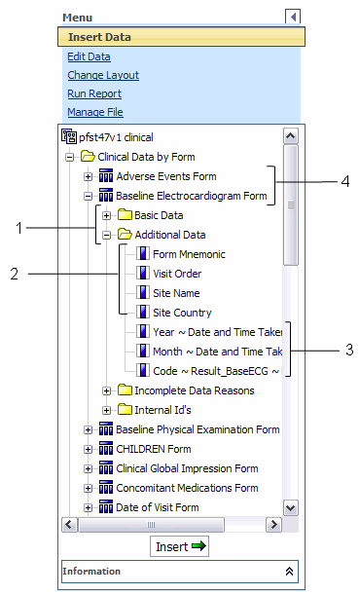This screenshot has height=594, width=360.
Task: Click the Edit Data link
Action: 89,56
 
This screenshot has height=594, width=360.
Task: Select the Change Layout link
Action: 103,75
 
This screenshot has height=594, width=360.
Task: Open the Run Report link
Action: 94,93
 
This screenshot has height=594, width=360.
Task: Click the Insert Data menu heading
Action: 100,38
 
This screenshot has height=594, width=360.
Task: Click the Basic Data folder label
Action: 158,214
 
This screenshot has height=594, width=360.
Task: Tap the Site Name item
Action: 176,292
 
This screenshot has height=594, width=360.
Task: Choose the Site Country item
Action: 182,313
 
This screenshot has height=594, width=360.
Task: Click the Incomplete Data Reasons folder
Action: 194,390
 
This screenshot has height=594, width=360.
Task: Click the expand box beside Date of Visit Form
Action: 89,507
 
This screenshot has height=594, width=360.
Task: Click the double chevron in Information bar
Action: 288,571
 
